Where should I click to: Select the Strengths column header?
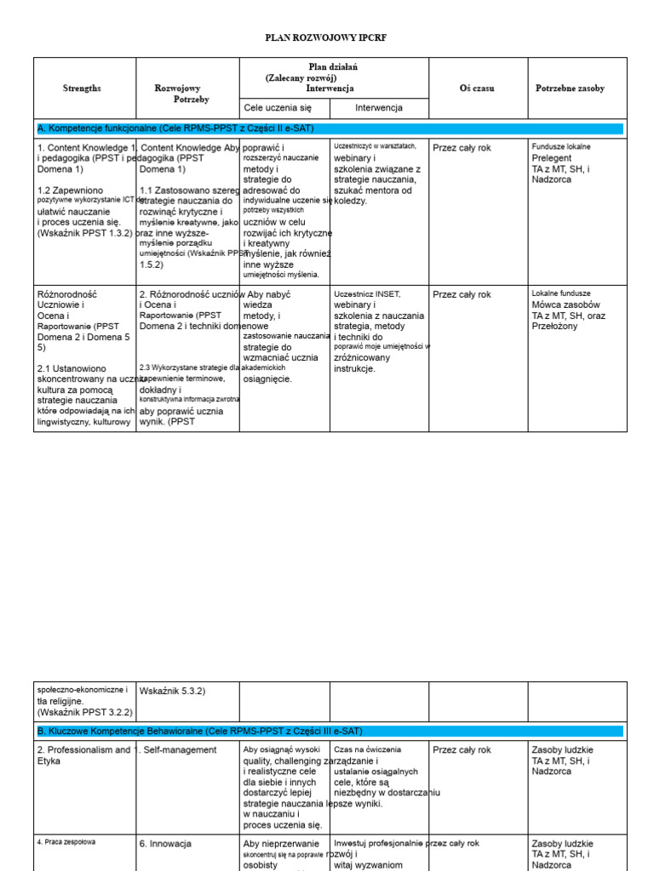[x=82, y=88]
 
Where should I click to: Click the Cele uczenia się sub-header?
[x=278, y=108]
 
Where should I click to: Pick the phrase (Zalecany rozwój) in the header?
[x=301, y=77]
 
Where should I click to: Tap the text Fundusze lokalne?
[x=561, y=147]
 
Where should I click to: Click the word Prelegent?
[x=552, y=158]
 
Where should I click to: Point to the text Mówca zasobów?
[x=566, y=305]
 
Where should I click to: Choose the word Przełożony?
[x=555, y=326]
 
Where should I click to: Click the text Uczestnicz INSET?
[x=367, y=294]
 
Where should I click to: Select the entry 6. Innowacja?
[x=165, y=844]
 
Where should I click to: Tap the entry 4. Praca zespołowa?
[x=66, y=842]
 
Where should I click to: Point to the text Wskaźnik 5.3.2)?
[x=172, y=691]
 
